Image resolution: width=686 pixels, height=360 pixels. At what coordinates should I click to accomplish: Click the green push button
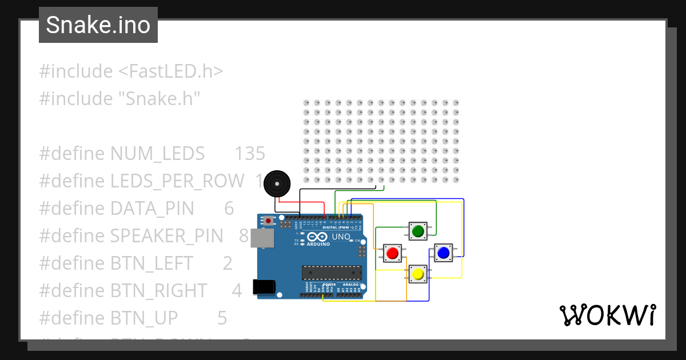tap(417, 231)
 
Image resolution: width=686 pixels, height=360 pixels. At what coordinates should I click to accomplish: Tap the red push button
tap(392, 253)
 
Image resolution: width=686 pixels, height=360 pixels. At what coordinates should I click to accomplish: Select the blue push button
tap(442, 252)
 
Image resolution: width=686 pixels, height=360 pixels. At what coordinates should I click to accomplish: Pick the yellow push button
tap(418, 275)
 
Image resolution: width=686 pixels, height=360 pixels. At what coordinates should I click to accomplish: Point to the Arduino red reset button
tap(268, 220)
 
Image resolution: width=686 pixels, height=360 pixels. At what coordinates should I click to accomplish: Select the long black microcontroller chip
tap(332, 273)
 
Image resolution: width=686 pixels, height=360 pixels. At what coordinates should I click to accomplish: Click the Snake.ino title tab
tap(98, 25)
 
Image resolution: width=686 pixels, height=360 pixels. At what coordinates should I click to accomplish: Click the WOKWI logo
tap(607, 315)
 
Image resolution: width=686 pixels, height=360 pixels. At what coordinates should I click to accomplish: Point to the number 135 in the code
tap(250, 154)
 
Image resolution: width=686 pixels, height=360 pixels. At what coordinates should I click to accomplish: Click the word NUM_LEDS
tap(157, 154)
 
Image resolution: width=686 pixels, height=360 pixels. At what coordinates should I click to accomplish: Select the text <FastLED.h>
tap(170, 71)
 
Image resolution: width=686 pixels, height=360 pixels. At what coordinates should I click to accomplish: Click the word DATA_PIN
tap(152, 209)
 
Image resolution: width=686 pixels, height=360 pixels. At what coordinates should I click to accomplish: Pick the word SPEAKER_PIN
tap(169, 236)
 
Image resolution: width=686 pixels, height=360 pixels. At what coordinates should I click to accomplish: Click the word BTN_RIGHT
tap(158, 291)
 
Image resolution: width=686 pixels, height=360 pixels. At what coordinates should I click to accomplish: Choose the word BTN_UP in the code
tap(144, 318)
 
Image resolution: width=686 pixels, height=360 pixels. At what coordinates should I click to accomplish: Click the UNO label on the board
tap(341, 237)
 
